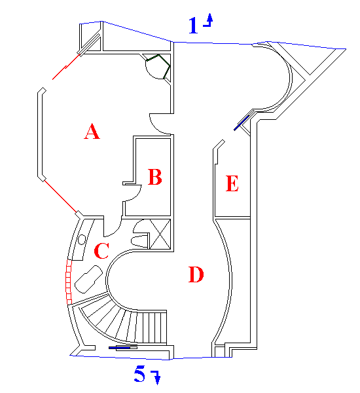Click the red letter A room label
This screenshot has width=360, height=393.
pos(92,132)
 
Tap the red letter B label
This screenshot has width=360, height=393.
pos(155,177)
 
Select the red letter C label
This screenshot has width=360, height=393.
pos(101,251)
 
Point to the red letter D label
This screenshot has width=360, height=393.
pos(196,274)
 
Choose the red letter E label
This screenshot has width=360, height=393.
pos(232,183)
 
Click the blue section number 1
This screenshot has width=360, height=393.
pos(193,25)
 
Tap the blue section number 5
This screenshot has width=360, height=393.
pos(139,373)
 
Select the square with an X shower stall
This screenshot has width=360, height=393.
pos(160,234)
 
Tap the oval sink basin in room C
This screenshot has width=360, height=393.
pos(82,240)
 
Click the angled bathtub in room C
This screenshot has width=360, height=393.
pos(88,279)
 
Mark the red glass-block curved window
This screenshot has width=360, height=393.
pos(68,282)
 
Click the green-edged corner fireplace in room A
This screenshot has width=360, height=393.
pos(158,66)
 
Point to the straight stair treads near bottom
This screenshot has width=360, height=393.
pos(152,327)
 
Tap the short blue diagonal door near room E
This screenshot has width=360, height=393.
pos(242,123)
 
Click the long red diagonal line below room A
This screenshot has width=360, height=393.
pos(60,196)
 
